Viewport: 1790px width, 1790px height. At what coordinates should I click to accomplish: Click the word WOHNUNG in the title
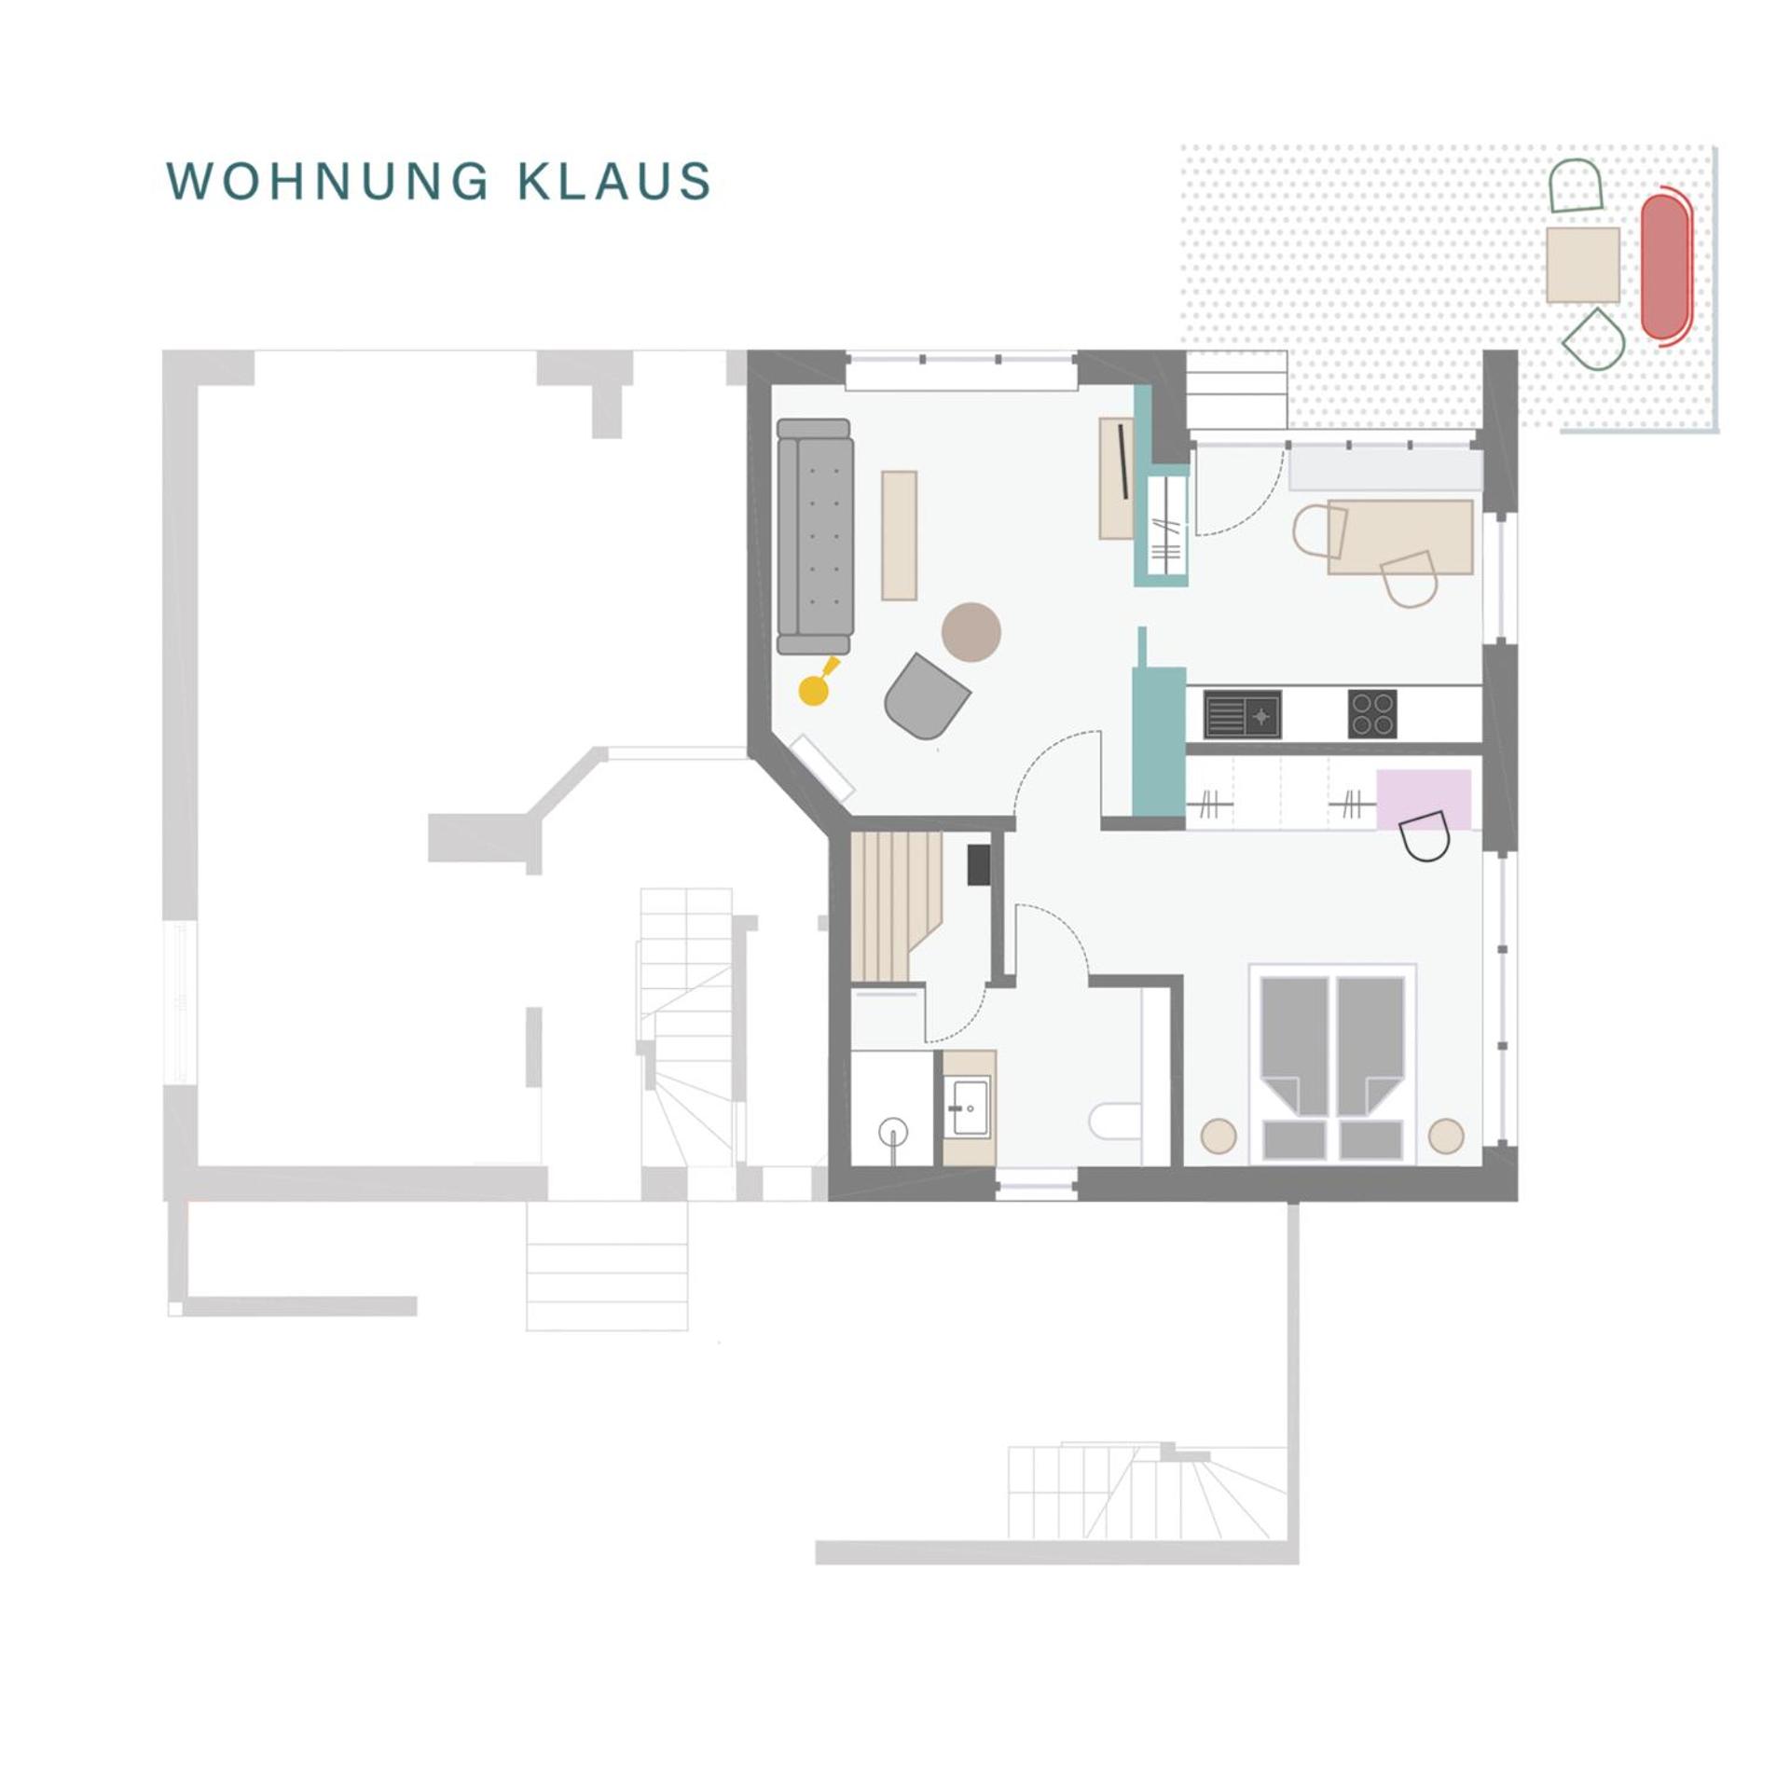(327, 181)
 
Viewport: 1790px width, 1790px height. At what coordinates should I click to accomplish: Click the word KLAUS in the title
(615, 181)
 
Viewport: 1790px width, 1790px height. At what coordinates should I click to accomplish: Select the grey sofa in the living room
(815, 537)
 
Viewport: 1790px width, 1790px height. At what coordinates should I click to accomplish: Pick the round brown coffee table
(971, 632)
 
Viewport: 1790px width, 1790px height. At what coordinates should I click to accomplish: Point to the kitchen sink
(1242, 715)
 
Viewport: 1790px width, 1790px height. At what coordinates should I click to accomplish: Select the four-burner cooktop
(1372, 715)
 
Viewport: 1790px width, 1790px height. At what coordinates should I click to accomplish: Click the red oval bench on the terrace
(1666, 267)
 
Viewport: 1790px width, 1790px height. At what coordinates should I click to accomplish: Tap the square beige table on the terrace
(1583, 265)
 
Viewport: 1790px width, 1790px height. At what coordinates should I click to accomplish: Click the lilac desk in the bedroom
(1424, 800)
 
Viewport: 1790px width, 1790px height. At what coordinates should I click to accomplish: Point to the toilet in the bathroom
(1116, 1122)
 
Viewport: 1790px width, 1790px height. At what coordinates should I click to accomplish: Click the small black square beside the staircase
(978, 864)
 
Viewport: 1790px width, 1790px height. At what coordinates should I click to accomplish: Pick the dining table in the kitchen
(1400, 537)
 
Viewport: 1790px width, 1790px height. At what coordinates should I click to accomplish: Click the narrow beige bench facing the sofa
(899, 535)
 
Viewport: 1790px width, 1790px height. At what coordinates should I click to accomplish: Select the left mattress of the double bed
(1294, 1046)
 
